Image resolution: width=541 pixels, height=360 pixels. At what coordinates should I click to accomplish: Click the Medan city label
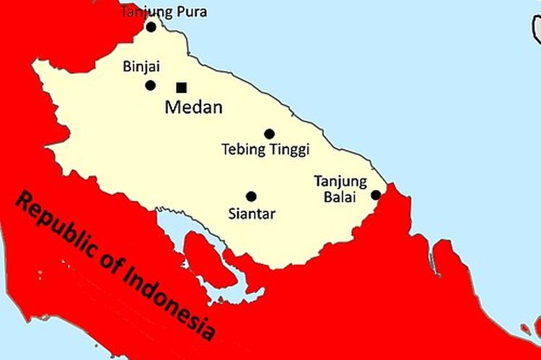(193, 109)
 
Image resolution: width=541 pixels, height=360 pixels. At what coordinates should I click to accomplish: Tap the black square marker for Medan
(182, 88)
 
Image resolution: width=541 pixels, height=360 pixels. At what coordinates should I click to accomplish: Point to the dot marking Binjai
(150, 86)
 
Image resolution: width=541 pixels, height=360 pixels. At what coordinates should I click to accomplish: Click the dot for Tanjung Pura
(151, 27)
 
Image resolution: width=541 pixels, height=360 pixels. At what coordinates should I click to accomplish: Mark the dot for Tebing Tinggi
(269, 134)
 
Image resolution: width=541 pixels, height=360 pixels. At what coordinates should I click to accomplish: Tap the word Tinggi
(289, 150)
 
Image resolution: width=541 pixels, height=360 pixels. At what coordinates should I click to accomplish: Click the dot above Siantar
(251, 197)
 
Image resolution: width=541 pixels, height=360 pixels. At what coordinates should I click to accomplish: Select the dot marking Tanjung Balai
(376, 195)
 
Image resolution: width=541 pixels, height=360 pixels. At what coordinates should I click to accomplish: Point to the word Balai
(340, 196)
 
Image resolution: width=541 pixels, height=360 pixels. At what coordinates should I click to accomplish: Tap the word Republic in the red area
(58, 227)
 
